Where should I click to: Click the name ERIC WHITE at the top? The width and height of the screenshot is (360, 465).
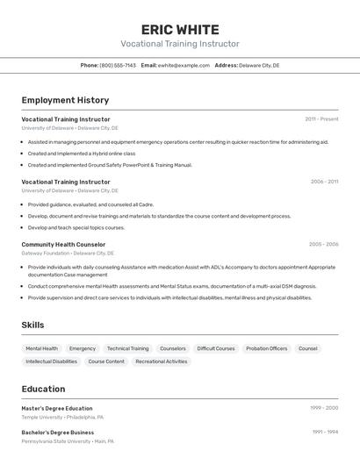click(180, 29)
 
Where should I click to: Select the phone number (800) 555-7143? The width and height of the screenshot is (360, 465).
click(118, 65)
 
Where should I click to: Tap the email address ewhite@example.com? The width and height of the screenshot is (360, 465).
click(184, 65)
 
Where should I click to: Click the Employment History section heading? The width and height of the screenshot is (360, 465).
click(65, 100)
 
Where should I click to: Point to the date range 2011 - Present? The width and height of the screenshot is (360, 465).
click(321, 118)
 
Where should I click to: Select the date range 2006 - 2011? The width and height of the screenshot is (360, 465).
click(324, 182)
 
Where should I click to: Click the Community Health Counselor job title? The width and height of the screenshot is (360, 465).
click(63, 244)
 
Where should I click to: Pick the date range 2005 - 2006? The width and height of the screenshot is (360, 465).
click(323, 244)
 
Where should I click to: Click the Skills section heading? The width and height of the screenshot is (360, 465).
click(32, 325)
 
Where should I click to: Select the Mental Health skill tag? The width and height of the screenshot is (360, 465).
click(42, 348)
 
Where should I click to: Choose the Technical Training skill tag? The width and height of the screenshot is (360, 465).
click(128, 348)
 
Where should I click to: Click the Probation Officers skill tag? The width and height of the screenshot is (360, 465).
click(266, 348)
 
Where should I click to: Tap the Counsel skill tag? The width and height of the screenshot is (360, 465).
click(308, 348)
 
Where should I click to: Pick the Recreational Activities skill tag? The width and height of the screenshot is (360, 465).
click(162, 361)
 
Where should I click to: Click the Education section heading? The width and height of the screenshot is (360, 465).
click(43, 389)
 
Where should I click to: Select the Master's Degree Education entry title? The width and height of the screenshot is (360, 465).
click(57, 408)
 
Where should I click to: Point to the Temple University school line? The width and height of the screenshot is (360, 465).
click(62, 418)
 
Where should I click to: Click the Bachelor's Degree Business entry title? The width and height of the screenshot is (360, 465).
click(58, 432)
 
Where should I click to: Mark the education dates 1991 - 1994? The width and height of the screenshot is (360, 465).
click(324, 432)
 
